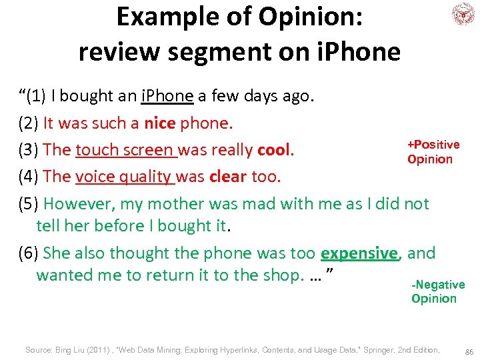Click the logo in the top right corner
(462, 14)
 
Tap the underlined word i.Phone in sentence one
(167, 96)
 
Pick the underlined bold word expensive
(359, 253)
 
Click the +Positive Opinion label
(433, 152)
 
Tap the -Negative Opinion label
(438, 291)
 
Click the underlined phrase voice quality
(125, 177)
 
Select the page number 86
(469, 351)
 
